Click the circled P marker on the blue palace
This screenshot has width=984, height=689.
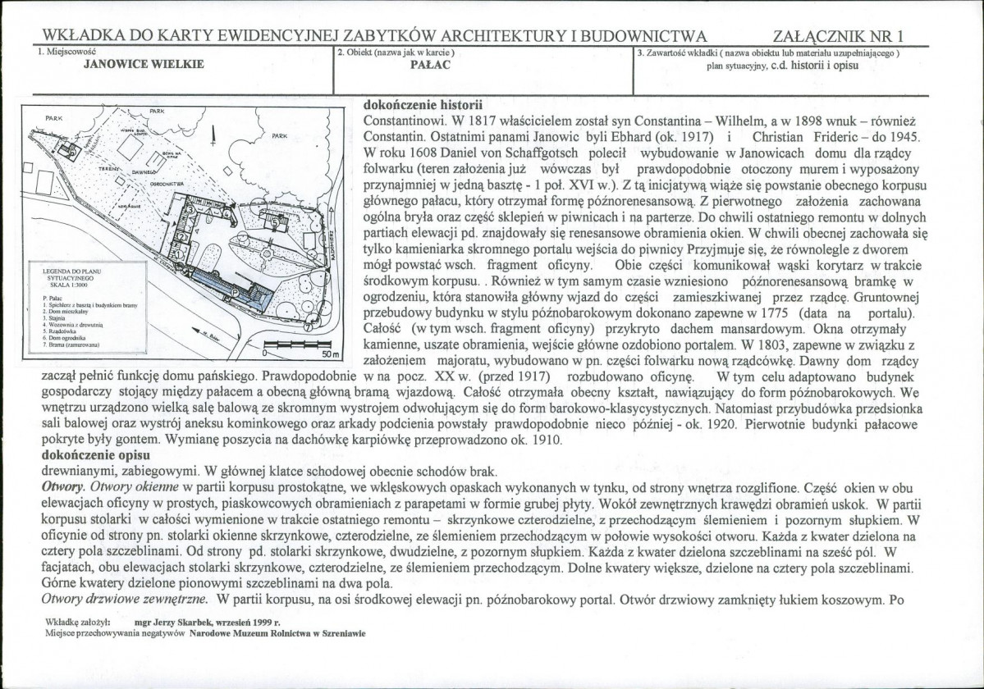click(x=236, y=292)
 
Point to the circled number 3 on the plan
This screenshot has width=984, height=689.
click(x=191, y=210)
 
